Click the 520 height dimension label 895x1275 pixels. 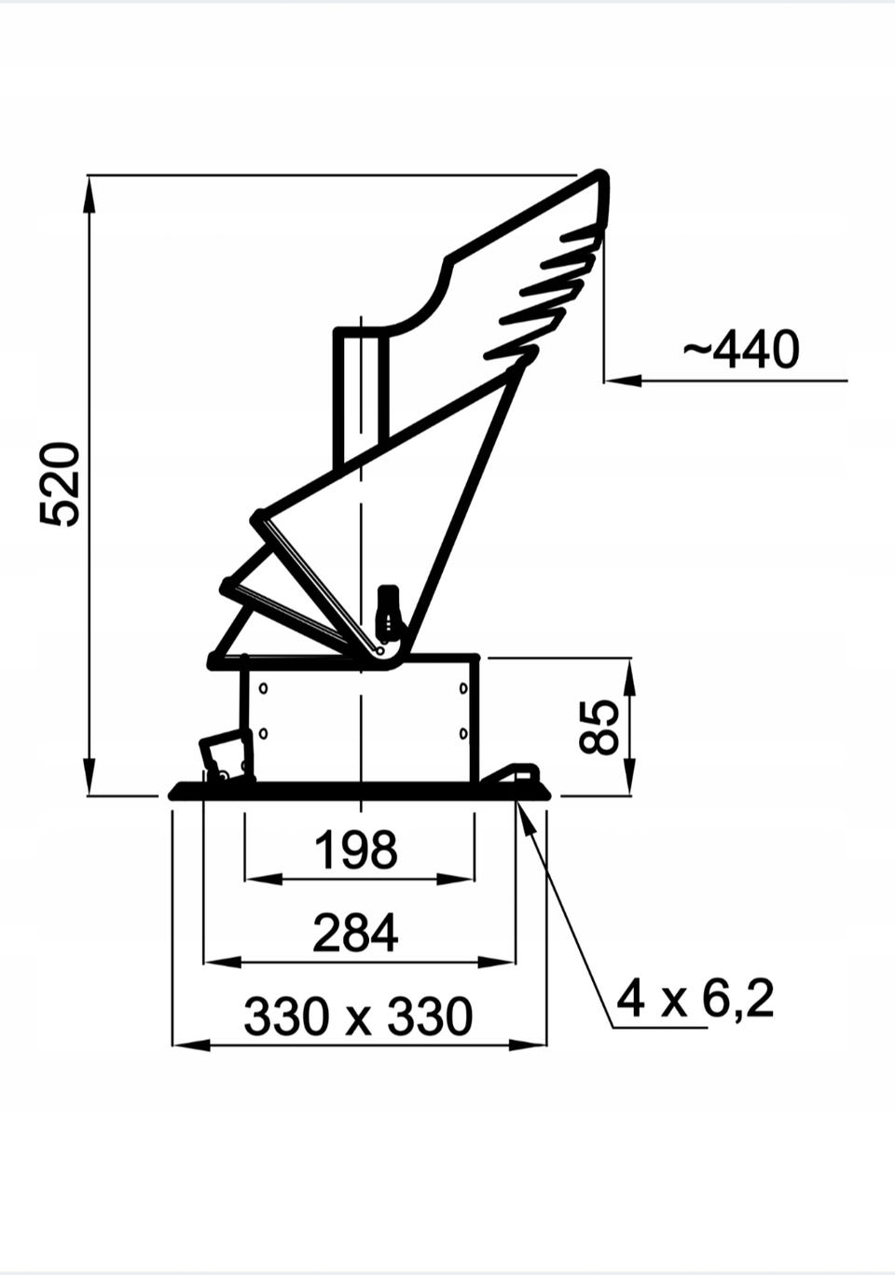tap(60, 484)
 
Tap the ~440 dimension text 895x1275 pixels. tap(741, 349)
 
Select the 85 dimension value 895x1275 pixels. tap(599, 727)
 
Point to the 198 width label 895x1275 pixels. tap(355, 850)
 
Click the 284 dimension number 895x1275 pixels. tap(355, 933)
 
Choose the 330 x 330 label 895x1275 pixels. tap(358, 1017)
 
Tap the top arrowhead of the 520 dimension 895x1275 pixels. tap(89, 193)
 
